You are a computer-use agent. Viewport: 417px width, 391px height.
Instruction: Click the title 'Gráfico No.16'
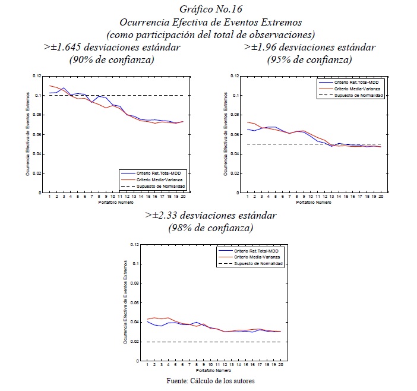(211, 9)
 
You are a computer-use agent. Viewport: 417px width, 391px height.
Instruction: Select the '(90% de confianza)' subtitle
(112, 59)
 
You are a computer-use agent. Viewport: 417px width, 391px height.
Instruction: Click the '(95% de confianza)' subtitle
(309, 59)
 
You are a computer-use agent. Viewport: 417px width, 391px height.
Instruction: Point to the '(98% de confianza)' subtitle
(211, 228)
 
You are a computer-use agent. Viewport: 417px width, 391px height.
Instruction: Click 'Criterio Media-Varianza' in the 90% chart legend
(159, 180)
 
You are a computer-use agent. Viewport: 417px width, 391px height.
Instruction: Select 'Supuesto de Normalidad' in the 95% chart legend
(358, 95)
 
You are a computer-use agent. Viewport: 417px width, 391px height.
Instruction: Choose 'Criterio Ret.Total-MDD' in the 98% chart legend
(256, 251)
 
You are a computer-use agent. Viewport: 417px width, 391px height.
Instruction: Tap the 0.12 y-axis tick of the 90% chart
(37, 76)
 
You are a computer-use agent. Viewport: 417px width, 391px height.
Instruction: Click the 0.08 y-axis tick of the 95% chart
(235, 115)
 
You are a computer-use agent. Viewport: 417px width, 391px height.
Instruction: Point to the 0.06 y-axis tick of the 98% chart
(135, 302)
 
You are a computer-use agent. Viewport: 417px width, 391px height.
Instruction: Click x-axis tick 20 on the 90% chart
(183, 197)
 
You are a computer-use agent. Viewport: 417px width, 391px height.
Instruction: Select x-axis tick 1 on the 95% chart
(248, 197)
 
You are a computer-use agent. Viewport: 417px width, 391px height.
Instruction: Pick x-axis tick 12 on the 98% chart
(225, 365)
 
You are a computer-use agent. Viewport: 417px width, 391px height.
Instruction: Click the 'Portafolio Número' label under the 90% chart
(116, 203)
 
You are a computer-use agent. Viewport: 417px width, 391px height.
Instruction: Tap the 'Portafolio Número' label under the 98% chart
(214, 371)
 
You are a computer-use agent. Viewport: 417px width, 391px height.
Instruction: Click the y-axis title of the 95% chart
(226, 134)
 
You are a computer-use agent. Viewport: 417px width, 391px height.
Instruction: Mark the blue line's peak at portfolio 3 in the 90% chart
(64, 88)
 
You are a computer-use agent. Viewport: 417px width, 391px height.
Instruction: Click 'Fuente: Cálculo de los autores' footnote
(211, 381)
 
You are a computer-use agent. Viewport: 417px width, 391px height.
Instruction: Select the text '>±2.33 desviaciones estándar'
(211, 215)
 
